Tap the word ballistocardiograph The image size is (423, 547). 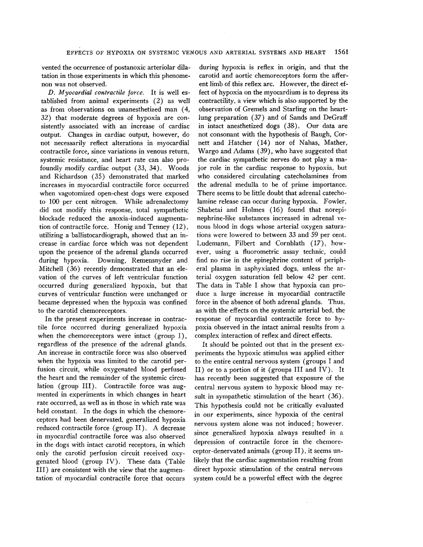point(80,235)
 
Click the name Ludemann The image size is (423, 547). point(214,243)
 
